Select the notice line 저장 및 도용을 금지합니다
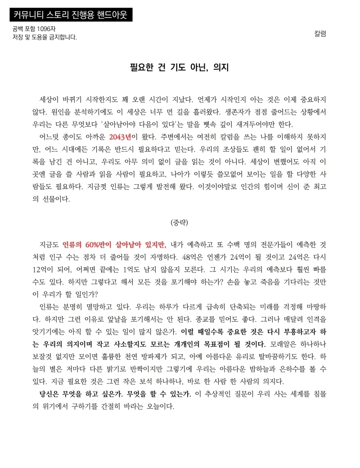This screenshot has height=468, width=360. pos(45,37)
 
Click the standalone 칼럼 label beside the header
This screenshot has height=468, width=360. pos(320,33)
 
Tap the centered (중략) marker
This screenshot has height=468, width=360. pos(180,222)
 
